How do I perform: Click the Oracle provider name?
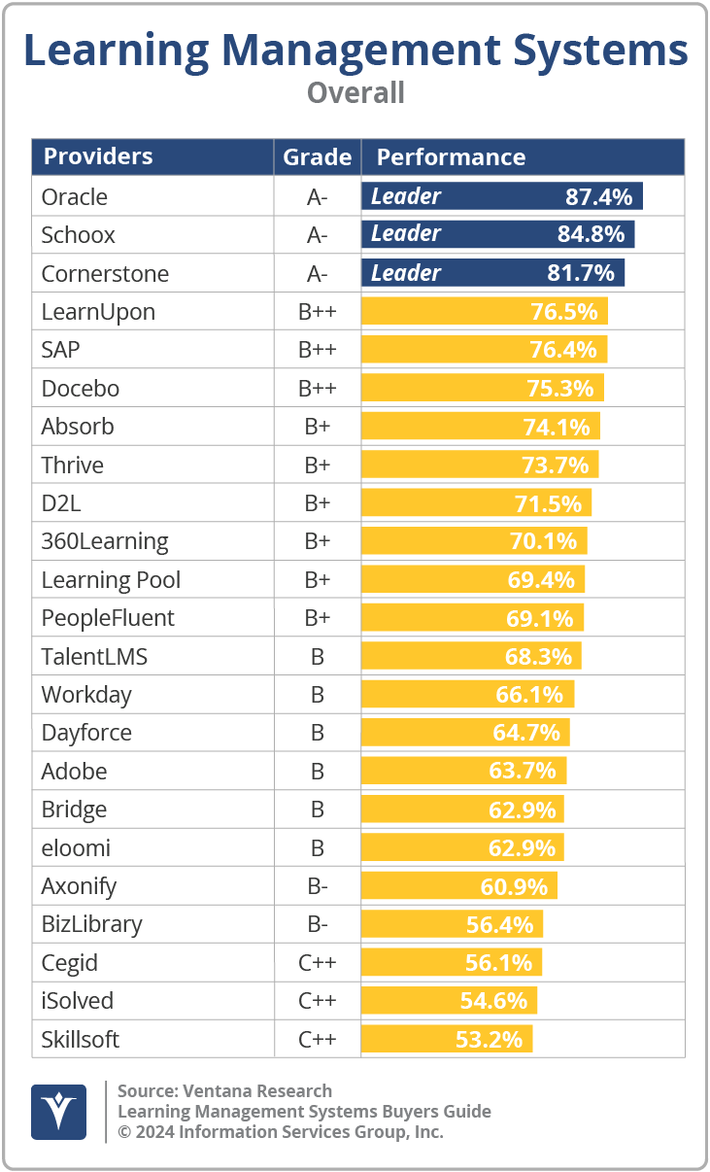click(74, 197)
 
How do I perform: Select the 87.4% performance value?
click(598, 197)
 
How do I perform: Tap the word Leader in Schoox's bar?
click(406, 234)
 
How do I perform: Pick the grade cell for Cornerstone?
click(317, 274)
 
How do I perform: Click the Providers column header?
click(98, 156)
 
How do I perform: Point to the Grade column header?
click(317, 156)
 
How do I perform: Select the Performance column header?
click(451, 156)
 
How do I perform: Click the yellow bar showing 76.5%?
click(485, 312)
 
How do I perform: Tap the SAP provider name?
click(60, 350)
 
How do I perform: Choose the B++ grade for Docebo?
click(317, 389)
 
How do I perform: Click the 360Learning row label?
click(104, 541)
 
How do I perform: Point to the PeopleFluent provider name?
click(108, 618)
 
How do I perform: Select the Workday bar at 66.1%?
click(467, 695)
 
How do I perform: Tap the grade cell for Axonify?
click(317, 886)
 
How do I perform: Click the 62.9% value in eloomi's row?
click(522, 847)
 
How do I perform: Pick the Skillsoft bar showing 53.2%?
click(447, 1039)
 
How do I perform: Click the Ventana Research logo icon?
click(58, 1112)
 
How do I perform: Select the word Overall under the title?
click(355, 93)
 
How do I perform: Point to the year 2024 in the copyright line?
click(153, 1132)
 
